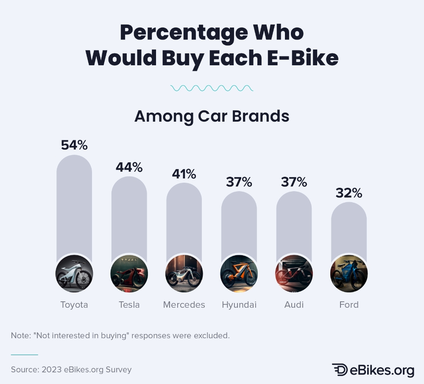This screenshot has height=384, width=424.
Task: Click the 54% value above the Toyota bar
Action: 74,145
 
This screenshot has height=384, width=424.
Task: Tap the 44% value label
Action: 129,167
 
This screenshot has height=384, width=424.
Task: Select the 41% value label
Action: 184,174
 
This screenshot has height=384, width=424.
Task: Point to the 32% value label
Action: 349,193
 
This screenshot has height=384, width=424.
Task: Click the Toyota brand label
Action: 74,305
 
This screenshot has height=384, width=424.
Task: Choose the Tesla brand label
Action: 129,305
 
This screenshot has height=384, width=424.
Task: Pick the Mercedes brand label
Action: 184,305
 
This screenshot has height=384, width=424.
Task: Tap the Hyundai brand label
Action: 239,305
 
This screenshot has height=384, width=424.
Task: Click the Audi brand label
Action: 294,305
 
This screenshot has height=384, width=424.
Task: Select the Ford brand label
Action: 349,305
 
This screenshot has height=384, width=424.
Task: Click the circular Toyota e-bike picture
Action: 74,274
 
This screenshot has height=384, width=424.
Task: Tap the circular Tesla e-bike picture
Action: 129,274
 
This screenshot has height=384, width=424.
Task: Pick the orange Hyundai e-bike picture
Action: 239,274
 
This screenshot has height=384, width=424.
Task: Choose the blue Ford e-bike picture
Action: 349,274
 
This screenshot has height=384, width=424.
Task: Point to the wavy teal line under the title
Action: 212,88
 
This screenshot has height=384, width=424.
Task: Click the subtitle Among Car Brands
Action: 212,116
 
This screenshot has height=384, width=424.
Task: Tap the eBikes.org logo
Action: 373,370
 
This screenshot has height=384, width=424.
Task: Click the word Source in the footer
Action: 24,370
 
